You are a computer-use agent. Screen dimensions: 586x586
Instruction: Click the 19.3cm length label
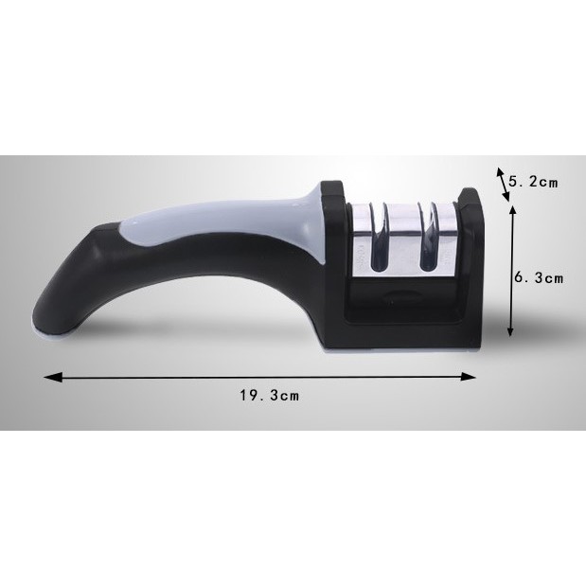click(x=270, y=396)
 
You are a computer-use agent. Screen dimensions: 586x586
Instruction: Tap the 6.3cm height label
click(x=539, y=278)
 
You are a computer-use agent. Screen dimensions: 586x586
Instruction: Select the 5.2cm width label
click(x=533, y=182)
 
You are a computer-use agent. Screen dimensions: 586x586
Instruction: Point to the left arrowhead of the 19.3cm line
click(x=52, y=378)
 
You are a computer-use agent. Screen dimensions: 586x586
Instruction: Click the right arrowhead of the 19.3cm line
click(x=468, y=377)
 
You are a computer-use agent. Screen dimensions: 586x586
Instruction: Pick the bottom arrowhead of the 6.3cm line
click(x=510, y=330)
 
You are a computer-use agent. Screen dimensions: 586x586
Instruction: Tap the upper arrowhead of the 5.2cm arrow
click(x=499, y=172)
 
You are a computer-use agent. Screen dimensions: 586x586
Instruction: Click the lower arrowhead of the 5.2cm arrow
click(x=506, y=197)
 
